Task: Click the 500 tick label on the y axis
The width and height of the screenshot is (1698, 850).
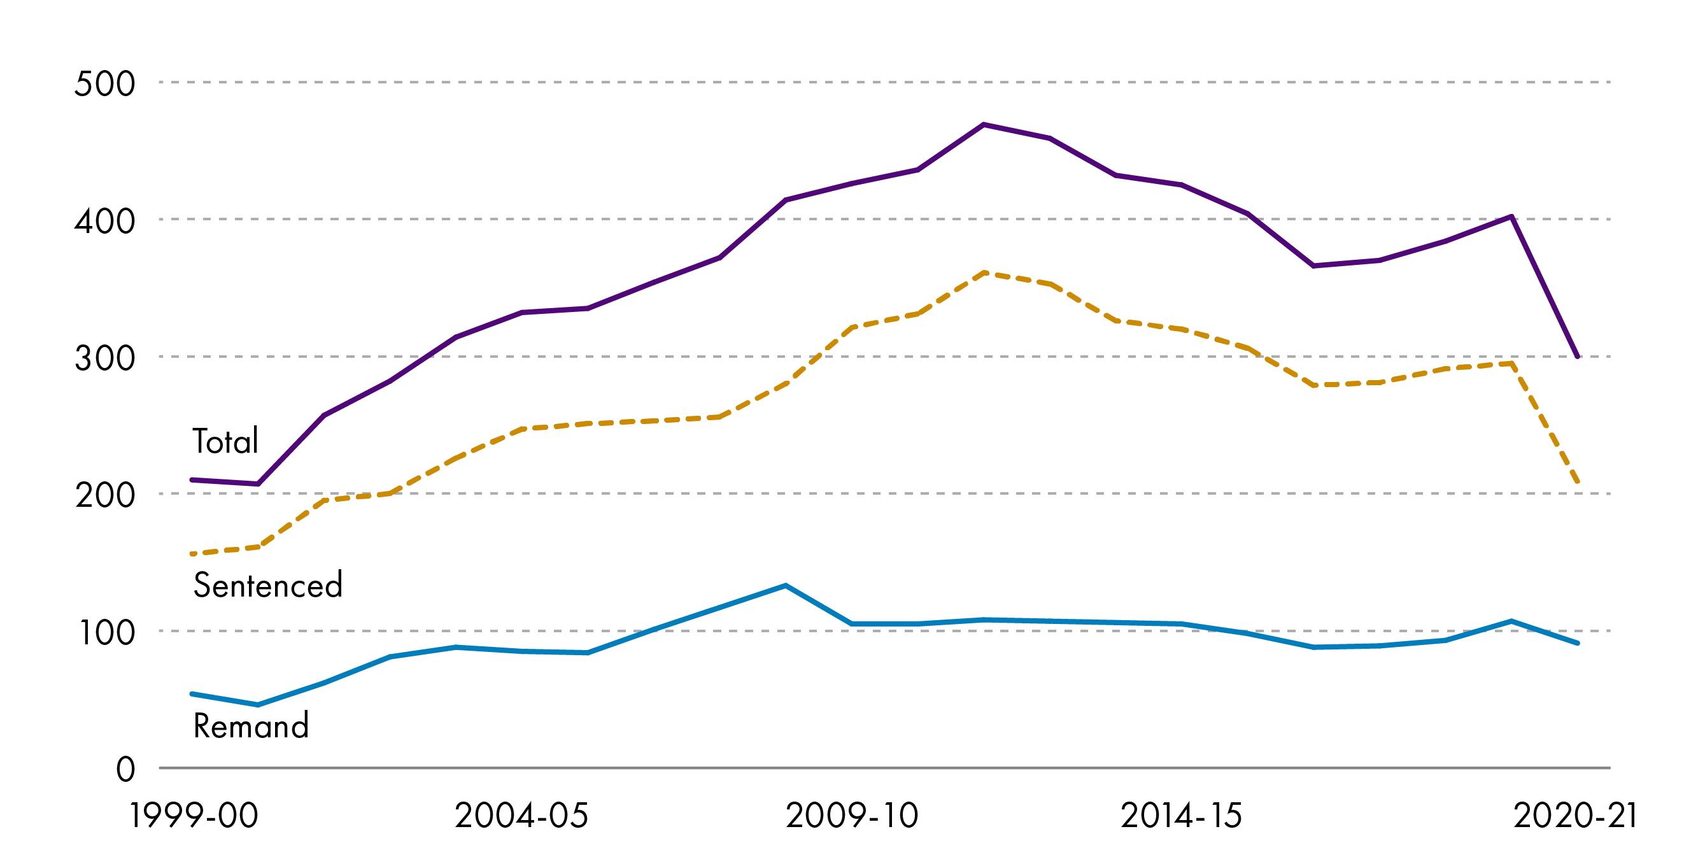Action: coord(104,84)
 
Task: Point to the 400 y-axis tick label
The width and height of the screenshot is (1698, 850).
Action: coord(104,221)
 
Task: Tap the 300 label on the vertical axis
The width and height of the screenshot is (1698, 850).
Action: coord(104,358)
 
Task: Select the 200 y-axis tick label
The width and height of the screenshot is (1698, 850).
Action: coord(104,495)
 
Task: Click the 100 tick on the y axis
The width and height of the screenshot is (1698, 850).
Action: coord(106,632)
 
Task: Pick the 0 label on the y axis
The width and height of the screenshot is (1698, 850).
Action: coord(125,770)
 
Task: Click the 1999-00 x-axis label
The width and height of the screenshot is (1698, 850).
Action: coord(194,816)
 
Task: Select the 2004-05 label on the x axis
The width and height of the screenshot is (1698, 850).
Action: coord(521,816)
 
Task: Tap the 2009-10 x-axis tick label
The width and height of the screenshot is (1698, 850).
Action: coord(852,816)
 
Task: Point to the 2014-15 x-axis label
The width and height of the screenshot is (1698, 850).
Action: coord(1181,816)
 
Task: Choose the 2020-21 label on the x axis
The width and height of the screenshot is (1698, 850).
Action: coord(1575,816)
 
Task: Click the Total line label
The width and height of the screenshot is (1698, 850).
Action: coord(225,441)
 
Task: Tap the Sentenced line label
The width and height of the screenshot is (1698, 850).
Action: coord(267,585)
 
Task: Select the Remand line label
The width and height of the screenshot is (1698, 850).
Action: coord(250,725)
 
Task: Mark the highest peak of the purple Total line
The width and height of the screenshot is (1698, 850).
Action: coord(984,125)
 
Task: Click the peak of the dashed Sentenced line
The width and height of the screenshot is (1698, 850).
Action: coord(984,273)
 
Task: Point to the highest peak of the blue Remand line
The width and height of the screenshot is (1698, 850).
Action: coord(786,586)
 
